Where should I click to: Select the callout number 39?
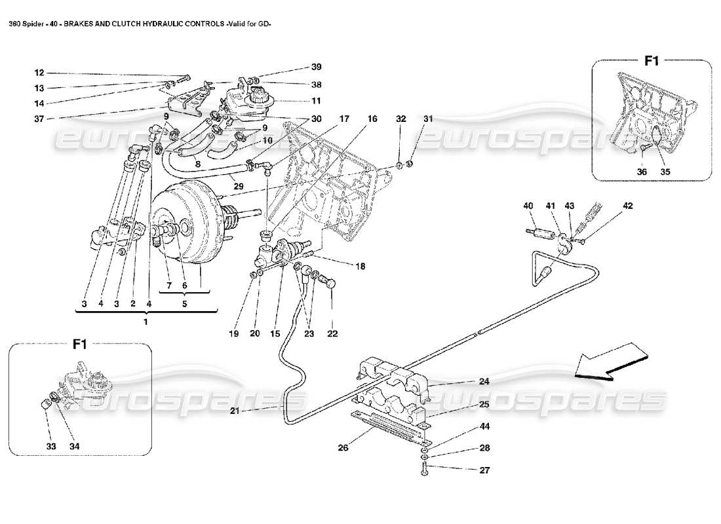click(317, 67)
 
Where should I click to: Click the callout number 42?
click(628, 206)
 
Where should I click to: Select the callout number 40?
click(528, 206)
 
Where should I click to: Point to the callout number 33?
click(52, 446)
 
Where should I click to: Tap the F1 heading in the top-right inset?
click(652, 61)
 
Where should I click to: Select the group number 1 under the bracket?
click(146, 322)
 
